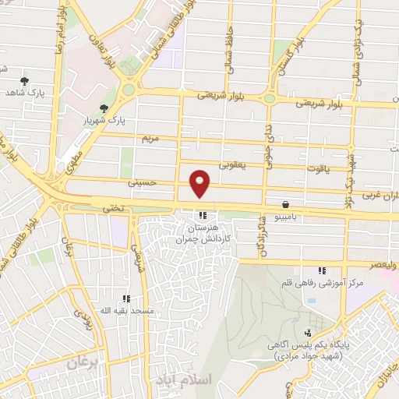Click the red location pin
coord(200,184)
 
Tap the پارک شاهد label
coord(23,93)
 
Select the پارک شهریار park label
coord(104,121)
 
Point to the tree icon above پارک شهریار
coord(104,108)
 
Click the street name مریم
coord(149,138)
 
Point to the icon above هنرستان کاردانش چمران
coord(203,215)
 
